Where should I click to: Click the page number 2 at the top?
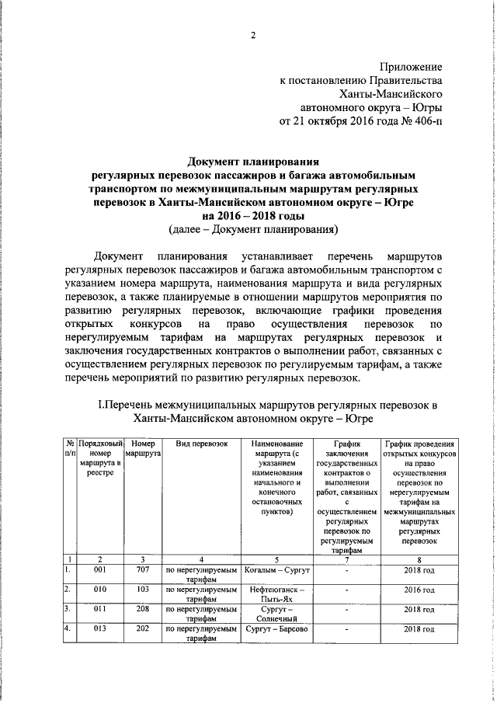252,34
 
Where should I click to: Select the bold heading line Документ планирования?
253,162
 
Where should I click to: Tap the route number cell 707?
142,571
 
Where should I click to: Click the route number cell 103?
142,590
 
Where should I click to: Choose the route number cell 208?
142,611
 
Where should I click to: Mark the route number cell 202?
142,629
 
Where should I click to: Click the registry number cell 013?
100,629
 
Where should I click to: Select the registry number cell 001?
100,571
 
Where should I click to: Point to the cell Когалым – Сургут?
277,571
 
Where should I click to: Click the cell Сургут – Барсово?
277,629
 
